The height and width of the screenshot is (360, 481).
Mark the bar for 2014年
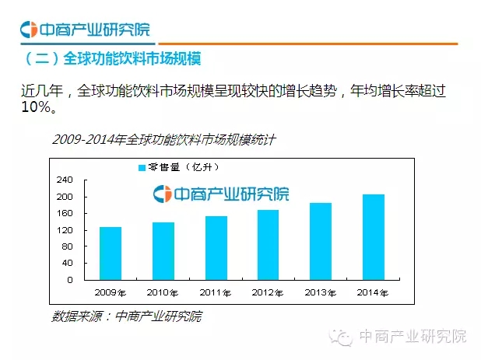[x=374, y=236]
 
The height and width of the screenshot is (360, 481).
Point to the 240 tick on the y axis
[x=65, y=180]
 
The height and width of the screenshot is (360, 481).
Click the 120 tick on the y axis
[x=65, y=230]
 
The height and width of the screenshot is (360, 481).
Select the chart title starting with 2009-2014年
[x=163, y=140]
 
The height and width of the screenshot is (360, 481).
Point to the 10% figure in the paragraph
[x=37, y=107]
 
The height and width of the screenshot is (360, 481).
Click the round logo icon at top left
[x=29, y=30]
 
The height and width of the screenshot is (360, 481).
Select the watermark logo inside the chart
[x=162, y=194]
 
